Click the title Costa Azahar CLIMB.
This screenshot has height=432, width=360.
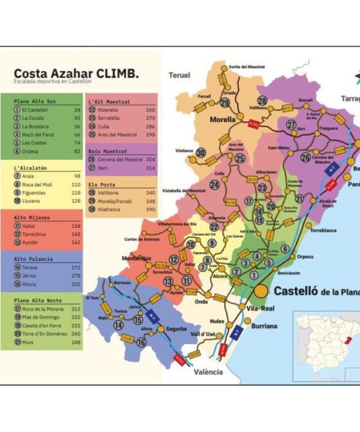click(76, 73)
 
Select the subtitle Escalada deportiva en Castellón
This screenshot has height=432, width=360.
click(53, 82)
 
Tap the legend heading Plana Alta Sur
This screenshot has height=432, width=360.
click(35, 101)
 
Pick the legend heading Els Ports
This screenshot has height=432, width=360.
click(102, 184)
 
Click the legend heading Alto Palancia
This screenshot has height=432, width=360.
click(36, 259)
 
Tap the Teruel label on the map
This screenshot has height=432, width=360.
click(179, 75)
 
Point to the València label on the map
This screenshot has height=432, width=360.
click(208, 372)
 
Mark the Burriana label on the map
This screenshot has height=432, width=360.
click(264, 326)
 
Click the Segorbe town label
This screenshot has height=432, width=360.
click(176, 329)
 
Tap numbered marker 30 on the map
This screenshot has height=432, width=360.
click(201, 153)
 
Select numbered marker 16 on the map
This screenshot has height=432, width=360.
click(141, 342)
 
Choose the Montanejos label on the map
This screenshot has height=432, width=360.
click(136, 258)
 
